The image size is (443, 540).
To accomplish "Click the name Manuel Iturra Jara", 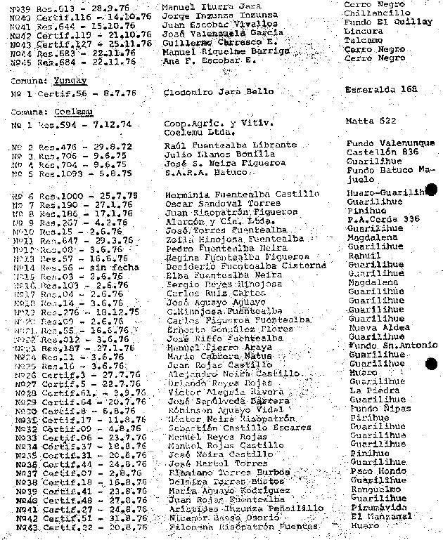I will coord(201,6).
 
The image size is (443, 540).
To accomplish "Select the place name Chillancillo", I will coord(374,15).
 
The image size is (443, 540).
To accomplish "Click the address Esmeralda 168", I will coord(381,91).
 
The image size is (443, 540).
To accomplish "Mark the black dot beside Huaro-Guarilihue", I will coord(432,189).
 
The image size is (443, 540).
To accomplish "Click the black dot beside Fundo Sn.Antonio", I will coord(431,363).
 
